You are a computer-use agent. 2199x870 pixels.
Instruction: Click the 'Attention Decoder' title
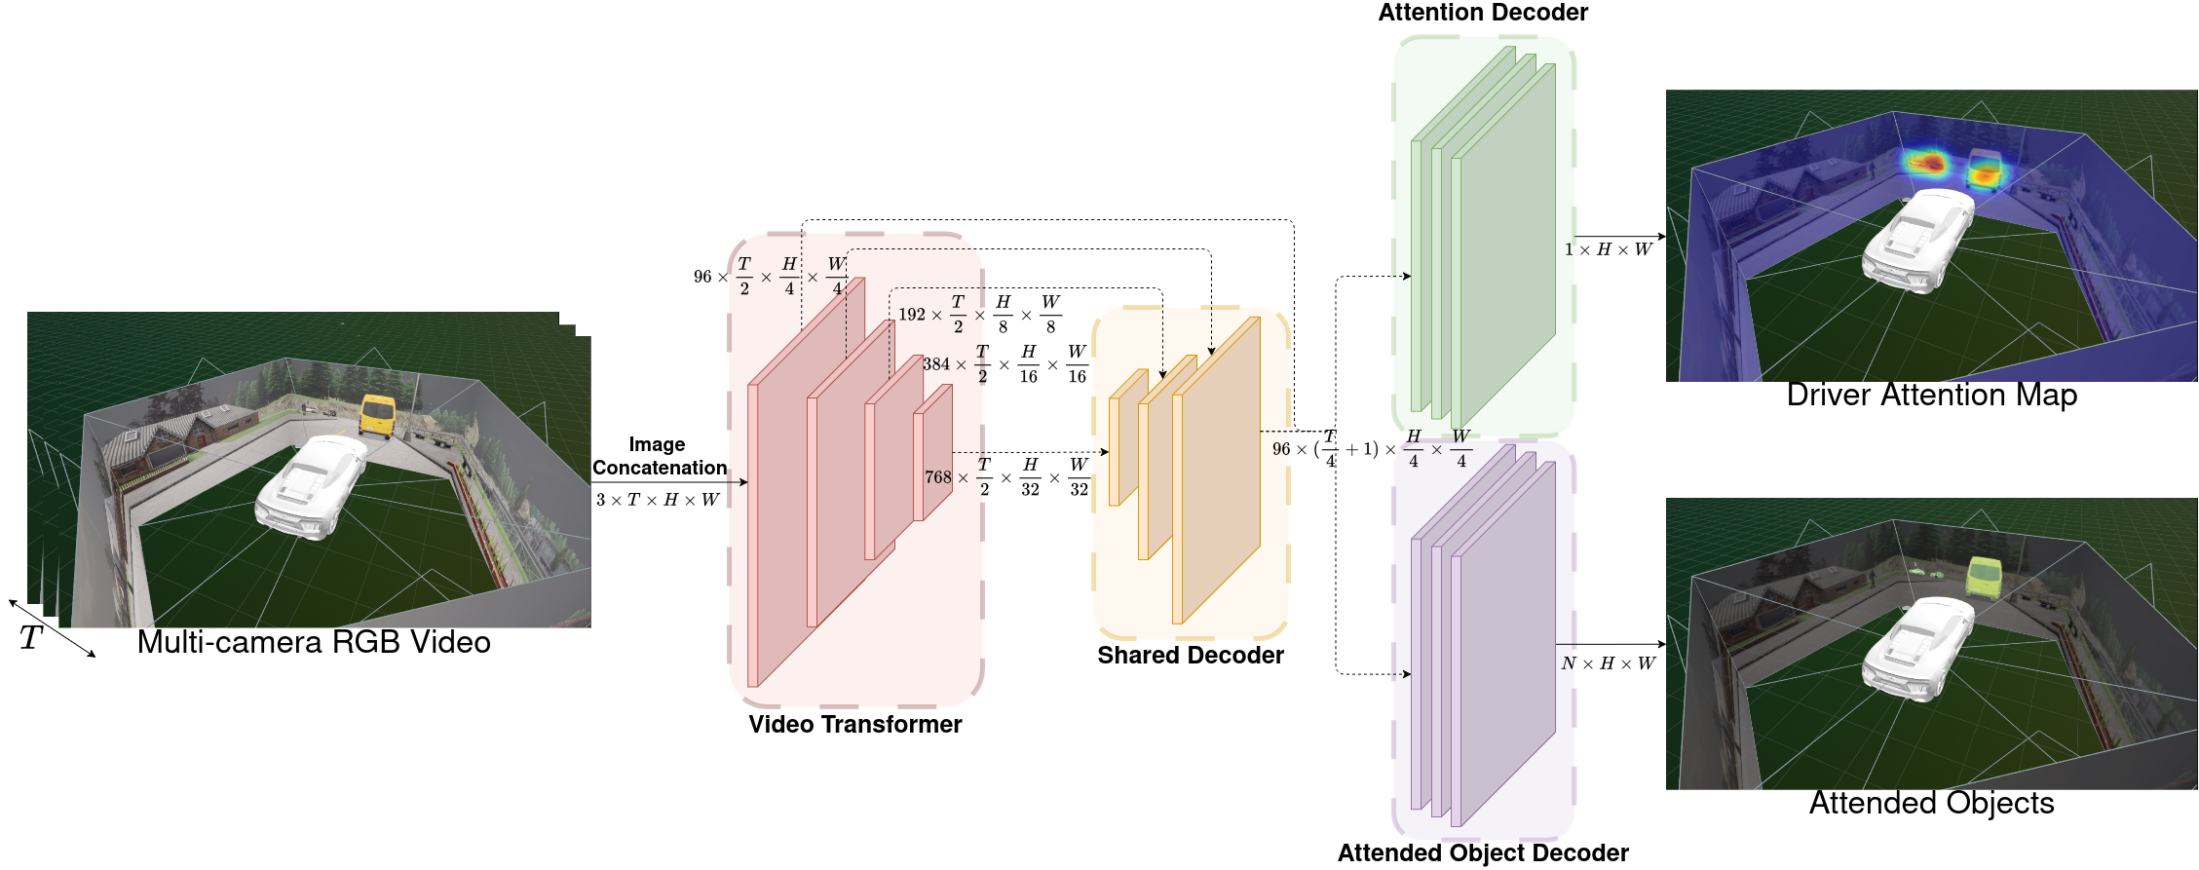(1482, 13)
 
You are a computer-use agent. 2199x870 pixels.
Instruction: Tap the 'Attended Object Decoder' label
(1482, 853)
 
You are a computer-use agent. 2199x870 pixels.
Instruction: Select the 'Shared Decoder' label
(1190, 656)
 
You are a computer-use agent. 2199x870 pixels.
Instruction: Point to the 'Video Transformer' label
(854, 725)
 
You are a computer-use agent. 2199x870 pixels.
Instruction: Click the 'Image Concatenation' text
(659, 456)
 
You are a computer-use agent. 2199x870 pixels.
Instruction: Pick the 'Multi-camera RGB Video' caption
(313, 642)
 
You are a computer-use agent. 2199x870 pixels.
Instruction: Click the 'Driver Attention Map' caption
(1931, 396)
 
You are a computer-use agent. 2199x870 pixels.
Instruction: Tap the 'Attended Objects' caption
(1931, 804)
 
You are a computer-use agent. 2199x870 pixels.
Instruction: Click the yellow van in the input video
(377, 415)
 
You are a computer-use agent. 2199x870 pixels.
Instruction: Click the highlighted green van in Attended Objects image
(1983, 576)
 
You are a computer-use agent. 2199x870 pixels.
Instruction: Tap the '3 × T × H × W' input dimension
(658, 500)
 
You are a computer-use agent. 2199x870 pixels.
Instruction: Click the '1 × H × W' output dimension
(1608, 250)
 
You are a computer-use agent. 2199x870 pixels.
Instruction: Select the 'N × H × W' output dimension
(1608, 663)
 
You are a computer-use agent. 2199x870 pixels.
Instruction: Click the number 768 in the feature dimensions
(937, 477)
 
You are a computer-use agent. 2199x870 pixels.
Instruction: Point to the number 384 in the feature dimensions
(935, 364)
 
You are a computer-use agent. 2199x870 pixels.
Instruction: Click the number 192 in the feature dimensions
(911, 315)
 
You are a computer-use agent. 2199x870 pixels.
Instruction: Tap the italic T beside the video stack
(30, 639)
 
